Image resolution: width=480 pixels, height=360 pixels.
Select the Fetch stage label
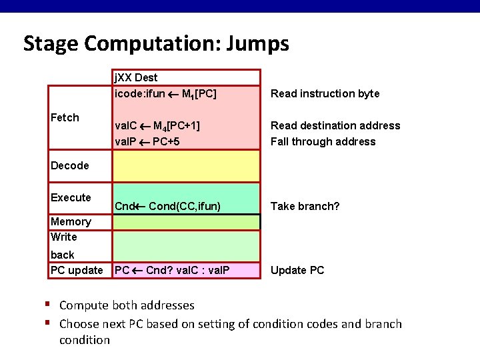click(65, 117)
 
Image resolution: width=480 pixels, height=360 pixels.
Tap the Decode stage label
click(70, 165)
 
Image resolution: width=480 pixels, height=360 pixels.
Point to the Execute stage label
click(71, 197)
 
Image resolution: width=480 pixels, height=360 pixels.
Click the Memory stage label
click(71, 221)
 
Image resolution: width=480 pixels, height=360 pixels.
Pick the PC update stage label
click(77, 270)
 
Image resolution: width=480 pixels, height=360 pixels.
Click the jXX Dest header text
click(136, 78)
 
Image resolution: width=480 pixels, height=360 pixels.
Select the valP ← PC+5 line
click(147, 141)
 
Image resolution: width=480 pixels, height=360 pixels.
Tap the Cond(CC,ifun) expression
click(185, 206)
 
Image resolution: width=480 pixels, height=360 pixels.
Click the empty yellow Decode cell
click(186, 166)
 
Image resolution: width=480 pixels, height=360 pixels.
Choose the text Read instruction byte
click(325, 93)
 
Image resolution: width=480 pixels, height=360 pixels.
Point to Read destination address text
click(335, 125)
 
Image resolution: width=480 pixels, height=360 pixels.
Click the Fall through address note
click(323, 141)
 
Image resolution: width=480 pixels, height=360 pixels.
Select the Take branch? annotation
click(305, 206)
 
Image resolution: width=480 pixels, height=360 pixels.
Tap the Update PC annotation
click(297, 270)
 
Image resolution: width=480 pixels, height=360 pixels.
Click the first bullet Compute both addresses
click(127, 305)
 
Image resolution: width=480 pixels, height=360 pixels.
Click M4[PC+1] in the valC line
click(177, 125)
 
